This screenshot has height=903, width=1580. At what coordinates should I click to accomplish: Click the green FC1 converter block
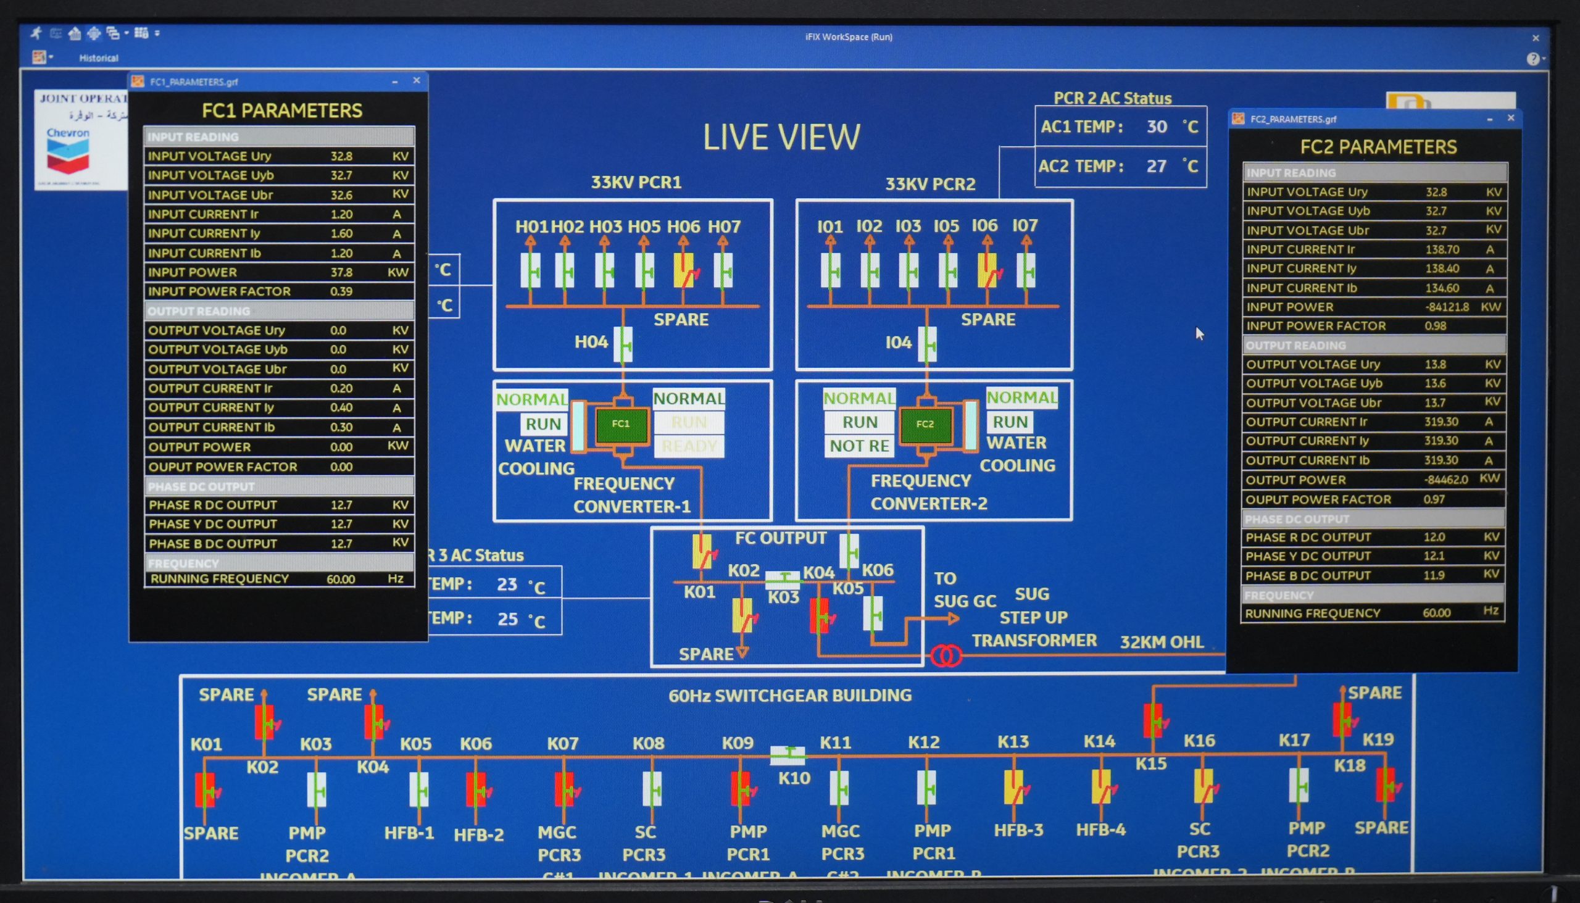point(621,424)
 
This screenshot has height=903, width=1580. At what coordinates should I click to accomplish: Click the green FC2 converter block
point(925,424)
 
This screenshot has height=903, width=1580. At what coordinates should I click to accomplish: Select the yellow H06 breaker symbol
point(684,270)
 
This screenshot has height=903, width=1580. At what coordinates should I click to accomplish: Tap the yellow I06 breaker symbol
point(987,270)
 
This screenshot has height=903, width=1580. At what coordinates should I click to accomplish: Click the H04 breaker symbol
point(623,343)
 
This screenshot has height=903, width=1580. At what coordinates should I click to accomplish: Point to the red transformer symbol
point(946,655)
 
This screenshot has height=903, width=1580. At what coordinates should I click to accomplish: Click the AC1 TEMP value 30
point(1157,127)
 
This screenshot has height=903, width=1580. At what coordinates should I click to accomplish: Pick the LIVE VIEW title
point(781,137)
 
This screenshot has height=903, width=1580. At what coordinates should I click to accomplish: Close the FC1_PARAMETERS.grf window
point(417,81)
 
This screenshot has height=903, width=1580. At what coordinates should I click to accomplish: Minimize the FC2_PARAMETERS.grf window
point(1489,119)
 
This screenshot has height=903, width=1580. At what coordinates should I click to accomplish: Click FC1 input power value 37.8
point(342,272)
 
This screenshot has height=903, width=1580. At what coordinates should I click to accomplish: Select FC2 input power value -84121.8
point(1447,307)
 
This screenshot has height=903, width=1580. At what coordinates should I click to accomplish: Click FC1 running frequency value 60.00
point(341,579)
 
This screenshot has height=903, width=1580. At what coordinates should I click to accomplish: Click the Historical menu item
point(99,58)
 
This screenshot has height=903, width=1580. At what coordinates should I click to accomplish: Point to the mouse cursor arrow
point(1199,333)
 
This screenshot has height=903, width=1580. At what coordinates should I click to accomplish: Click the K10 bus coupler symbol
point(788,754)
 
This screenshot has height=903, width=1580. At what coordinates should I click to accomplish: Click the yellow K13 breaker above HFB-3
point(1014,788)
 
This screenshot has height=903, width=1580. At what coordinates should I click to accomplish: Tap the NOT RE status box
point(859,446)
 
